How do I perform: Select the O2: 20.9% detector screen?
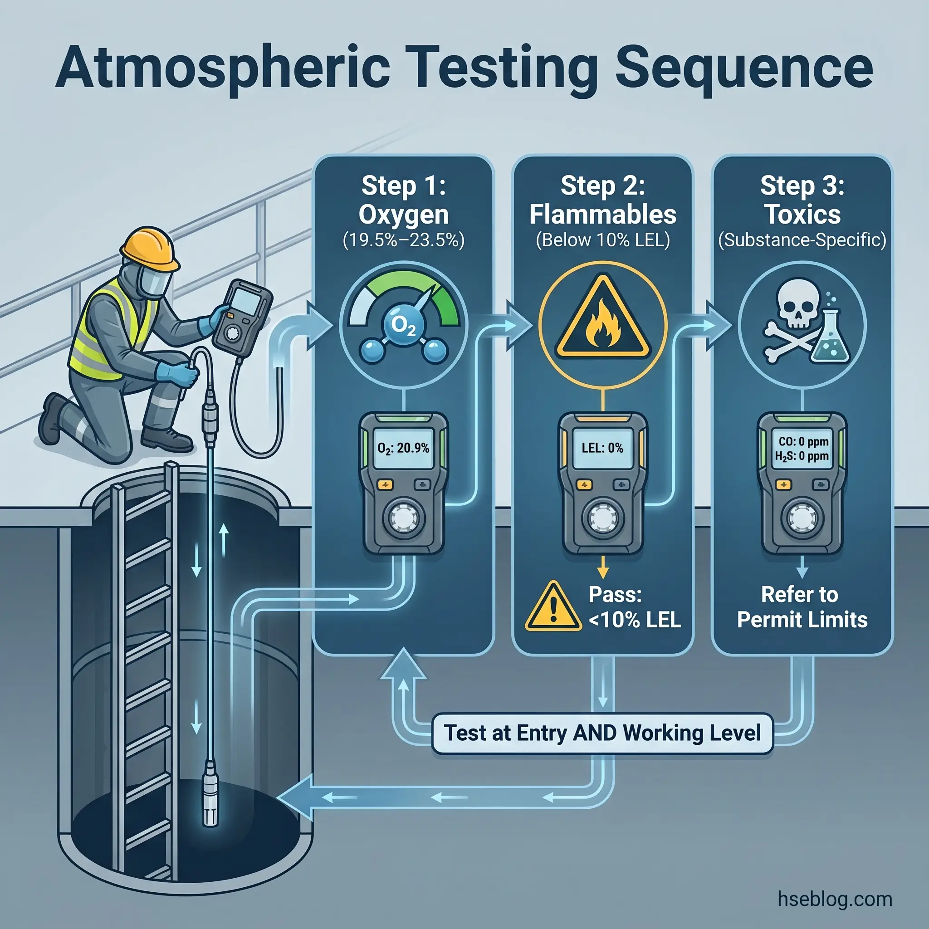[x=403, y=448]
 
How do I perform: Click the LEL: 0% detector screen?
[x=602, y=448]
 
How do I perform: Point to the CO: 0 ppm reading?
[x=803, y=441]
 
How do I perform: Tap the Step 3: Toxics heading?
[x=802, y=200]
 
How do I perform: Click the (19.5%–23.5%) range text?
[x=403, y=240]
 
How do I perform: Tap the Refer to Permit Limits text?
[x=802, y=607]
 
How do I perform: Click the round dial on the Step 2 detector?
[x=602, y=518]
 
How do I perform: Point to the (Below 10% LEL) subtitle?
[x=602, y=240]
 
